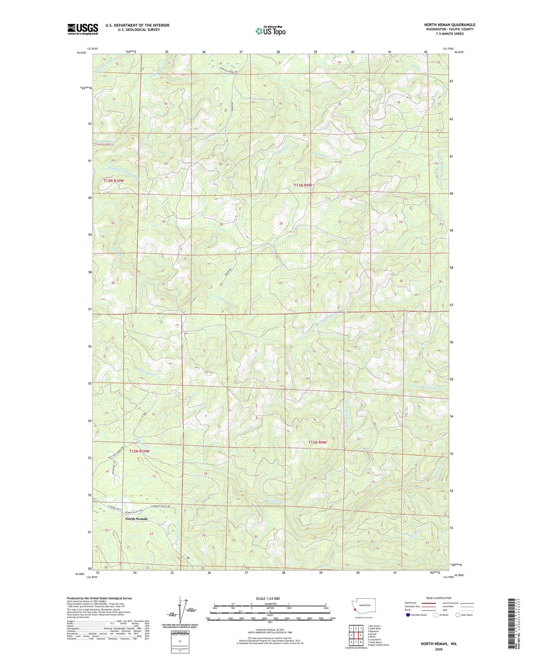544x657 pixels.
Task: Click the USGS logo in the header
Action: pyautogui.click(x=83, y=29)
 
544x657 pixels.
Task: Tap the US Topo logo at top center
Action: pyautogui.click(x=271, y=31)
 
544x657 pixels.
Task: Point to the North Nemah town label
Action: pyautogui.click(x=136, y=519)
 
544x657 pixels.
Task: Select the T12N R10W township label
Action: pyautogui.click(x=139, y=451)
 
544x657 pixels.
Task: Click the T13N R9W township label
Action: pyautogui.click(x=302, y=185)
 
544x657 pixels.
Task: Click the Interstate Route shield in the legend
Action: pyautogui.click(x=408, y=615)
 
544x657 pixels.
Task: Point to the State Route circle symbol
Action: pyautogui.click(x=458, y=615)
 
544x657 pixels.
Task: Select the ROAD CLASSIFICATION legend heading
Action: pyautogui.click(x=439, y=598)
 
